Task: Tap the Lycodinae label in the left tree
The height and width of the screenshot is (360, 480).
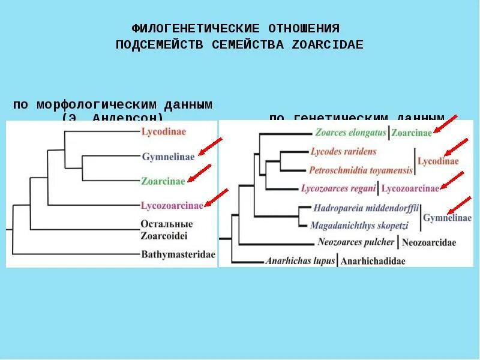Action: click(x=164, y=131)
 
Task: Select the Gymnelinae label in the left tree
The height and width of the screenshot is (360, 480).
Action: click(x=169, y=157)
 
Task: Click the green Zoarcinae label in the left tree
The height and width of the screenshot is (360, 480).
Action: click(x=164, y=180)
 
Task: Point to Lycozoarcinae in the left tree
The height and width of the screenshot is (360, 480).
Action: click(x=172, y=205)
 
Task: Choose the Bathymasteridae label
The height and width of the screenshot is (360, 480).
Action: click(x=178, y=254)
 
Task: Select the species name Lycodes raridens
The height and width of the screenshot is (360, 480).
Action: click(x=343, y=151)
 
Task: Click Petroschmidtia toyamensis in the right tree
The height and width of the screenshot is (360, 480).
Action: click(x=361, y=170)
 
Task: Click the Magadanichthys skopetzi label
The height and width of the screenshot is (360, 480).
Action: click(x=360, y=225)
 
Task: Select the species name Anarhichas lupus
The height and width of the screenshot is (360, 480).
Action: click(x=299, y=260)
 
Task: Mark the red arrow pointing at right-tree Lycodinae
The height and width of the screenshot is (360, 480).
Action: click(x=456, y=148)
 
